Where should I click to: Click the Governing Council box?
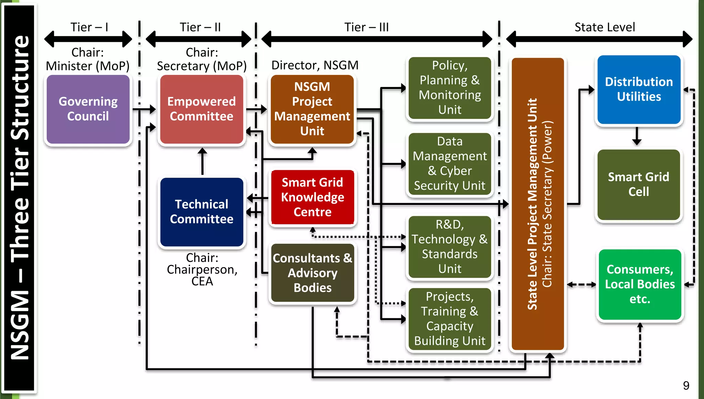tap(88, 109)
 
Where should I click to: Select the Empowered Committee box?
tap(201, 109)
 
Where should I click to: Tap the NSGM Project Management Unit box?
tap(312, 109)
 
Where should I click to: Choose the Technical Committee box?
tap(201, 212)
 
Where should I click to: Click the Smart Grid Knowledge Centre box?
tap(312, 197)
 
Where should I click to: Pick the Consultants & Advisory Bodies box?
tap(312, 273)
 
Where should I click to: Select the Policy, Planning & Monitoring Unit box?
tap(450, 88)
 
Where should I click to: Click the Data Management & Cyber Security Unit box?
tap(450, 164)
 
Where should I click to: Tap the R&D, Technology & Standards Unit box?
tap(450, 246)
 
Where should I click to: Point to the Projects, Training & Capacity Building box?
tap(450, 319)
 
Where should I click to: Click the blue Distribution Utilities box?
tap(639, 89)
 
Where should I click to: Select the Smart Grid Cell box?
tap(638, 185)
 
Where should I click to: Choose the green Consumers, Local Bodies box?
tap(640, 284)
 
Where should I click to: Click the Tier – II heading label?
tap(200, 27)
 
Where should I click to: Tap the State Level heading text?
tap(605, 27)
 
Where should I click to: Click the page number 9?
tap(686, 386)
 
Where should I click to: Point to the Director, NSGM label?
tap(315, 65)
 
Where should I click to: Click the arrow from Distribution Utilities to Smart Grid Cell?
tap(637, 136)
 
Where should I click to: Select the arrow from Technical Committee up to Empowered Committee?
tap(202, 161)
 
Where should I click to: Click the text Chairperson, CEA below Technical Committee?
tap(202, 275)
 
